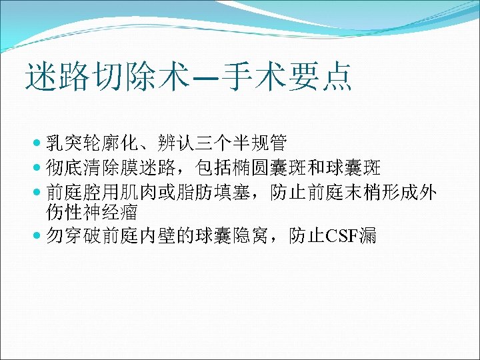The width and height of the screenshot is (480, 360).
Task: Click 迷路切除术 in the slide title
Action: [x=105, y=77]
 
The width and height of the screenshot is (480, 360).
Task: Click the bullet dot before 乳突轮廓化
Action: [x=36, y=143]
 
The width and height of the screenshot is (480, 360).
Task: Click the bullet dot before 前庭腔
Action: [x=36, y=193]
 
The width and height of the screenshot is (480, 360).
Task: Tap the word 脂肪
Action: [x=196, y=193]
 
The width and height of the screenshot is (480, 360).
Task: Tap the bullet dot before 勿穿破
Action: [x=36, y=235]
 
